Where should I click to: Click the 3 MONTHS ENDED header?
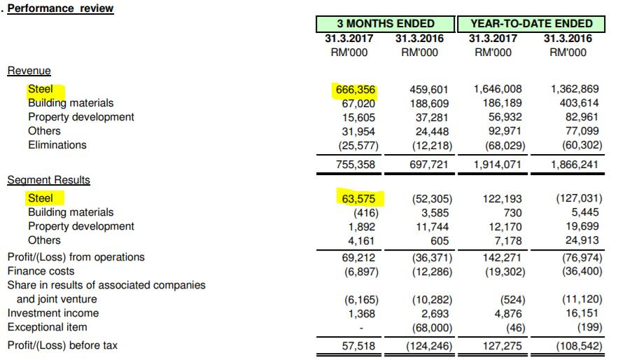coord(386,24)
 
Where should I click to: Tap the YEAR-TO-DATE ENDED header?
coord(531,24)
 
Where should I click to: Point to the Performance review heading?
coord(60,8)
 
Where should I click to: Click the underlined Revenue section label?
coord(29,71)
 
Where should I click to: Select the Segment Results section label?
coord(48,180)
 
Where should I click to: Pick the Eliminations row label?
coord(57,145)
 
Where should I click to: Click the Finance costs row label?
coord(41,271)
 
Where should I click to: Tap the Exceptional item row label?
coord(48,327)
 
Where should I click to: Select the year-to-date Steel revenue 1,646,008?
coord(498,90)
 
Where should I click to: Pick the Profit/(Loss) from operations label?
coord(76,257)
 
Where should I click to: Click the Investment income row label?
coord(53,313)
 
